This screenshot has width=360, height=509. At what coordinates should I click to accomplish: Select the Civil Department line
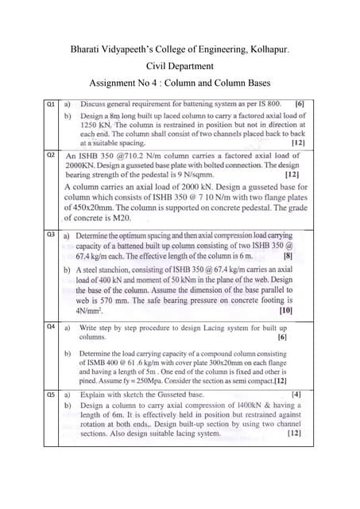pyautogui.click(x=180, y=68)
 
